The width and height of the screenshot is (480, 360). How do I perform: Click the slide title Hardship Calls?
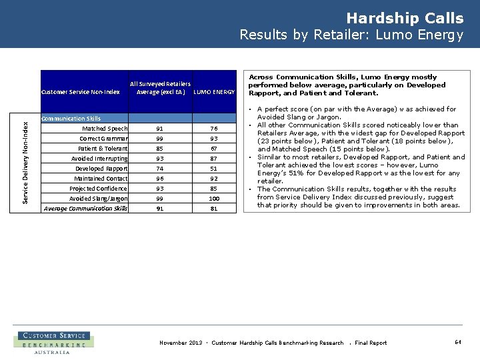click(405, 18)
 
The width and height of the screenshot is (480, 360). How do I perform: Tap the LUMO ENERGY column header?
click(214, 92)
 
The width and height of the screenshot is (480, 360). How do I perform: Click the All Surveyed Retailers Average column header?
click(160, 88)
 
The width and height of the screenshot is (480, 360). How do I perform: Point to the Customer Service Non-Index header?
click(80, 92)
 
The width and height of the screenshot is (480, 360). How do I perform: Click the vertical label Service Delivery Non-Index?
click(25, 162)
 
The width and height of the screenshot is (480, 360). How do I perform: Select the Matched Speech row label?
click(105, 129)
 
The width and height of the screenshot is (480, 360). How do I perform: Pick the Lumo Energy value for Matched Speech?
click(214, 129)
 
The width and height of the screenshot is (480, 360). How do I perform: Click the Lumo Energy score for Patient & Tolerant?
click(214, 149)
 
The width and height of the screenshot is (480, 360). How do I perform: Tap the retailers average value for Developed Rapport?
click(160, 169)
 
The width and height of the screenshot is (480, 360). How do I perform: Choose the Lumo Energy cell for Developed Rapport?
click(214, 169)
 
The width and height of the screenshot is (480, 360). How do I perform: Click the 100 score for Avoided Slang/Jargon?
click(214, 199)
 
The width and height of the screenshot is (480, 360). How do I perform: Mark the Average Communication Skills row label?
click(85, 209)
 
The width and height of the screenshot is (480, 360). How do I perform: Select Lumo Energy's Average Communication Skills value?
click(214, 209)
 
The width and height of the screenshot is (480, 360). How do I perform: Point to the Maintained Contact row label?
click(101, 179)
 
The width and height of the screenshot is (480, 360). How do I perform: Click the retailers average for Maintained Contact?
click(160, 179)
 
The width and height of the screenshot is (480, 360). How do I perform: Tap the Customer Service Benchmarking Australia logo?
click(53, 343)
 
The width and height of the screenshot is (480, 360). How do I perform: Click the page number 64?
click(458, 342)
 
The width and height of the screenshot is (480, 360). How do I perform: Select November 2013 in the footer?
click(181, 343)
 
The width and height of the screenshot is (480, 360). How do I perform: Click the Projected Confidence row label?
click(99, 189)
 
